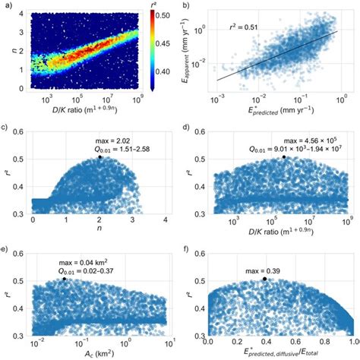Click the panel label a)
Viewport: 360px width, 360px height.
(6, 5)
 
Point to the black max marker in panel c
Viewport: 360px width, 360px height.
(99, 157)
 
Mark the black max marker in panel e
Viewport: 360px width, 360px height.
(65, 279)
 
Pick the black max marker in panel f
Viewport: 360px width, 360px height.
(264, 279)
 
